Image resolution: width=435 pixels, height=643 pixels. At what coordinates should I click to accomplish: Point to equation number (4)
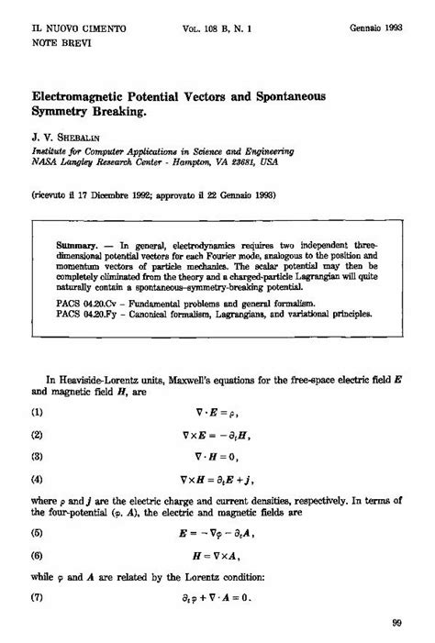coord(38,478)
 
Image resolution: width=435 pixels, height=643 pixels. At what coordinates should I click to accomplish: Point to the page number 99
coord(396,623)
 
